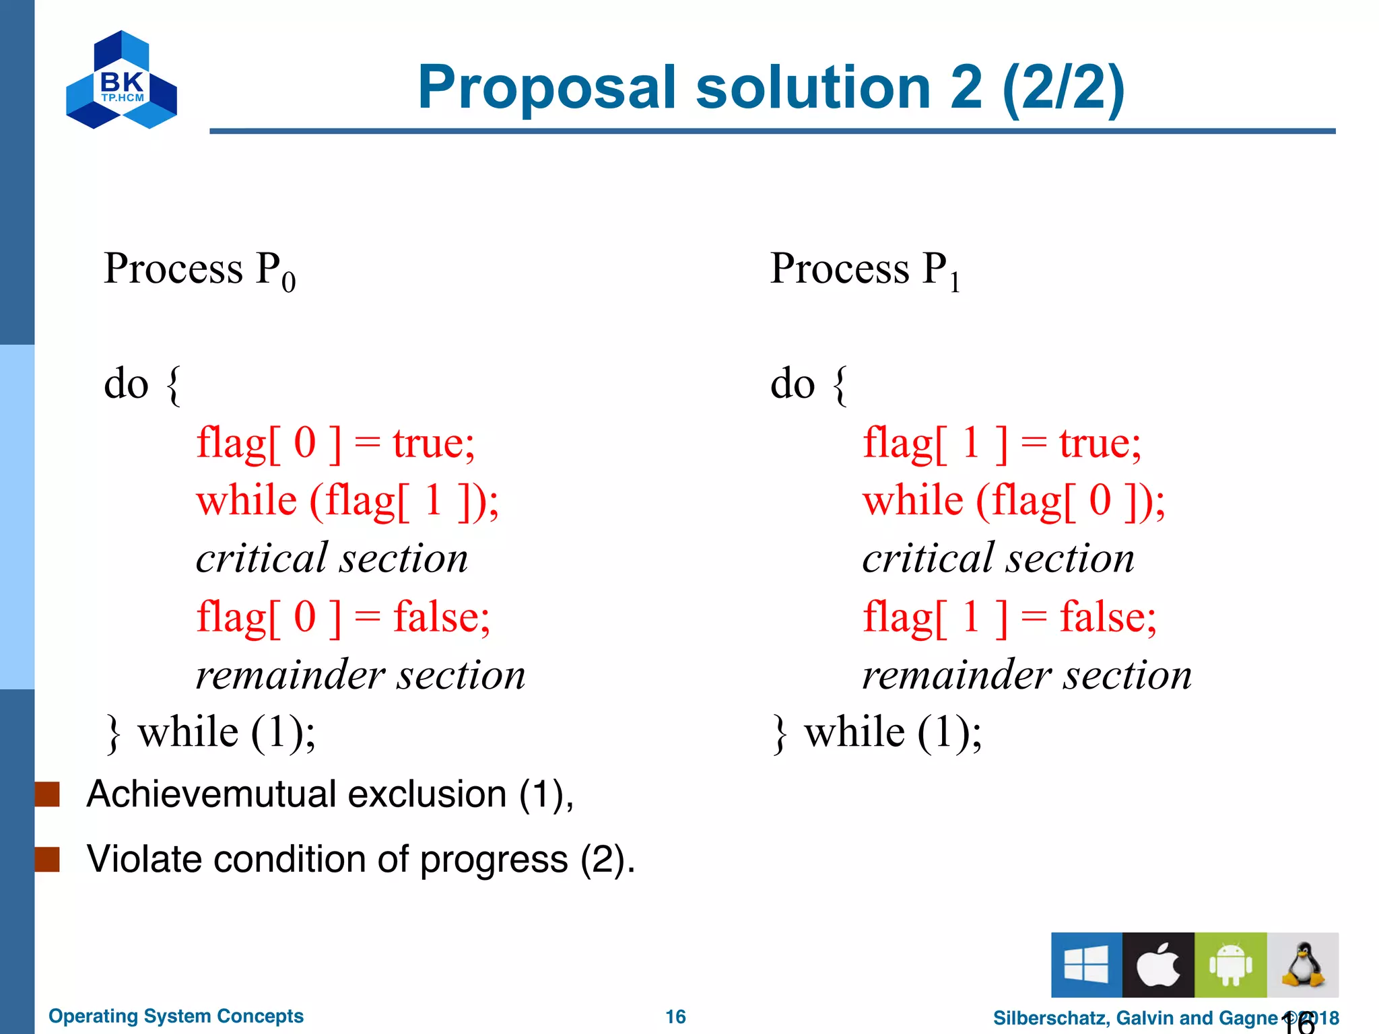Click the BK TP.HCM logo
point(122,80)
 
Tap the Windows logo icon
point(1086,965)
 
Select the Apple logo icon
point(1158,965)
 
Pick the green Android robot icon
point(1230,965)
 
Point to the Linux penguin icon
point(1303,965)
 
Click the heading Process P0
point(199,269)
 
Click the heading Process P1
point(865,269)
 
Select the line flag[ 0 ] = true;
point(335,444)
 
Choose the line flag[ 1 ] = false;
point(1009,617)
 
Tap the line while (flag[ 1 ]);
point(347,502)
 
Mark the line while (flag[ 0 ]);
point(1014,502)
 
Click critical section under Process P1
point(999,559)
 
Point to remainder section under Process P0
point(361,675)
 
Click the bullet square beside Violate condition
point(48,859)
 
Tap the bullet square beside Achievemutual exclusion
point(48,794)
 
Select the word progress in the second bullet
point(494,860)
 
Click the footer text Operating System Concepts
point(176,1016)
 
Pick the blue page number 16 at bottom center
point(675,1016)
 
